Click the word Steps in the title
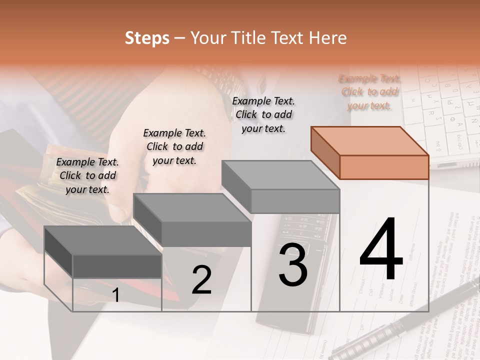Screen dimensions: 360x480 [x=147, y=38]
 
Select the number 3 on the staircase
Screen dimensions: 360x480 [x=293, y=264]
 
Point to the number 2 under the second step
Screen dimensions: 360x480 [x=201, y=280]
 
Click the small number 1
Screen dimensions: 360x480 [x=115, y=295]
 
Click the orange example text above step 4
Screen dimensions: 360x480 [x=369, y=92]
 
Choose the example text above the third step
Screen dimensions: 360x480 [x=263, y=114]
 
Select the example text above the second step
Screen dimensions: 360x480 [x=174, y=146]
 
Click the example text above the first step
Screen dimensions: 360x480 [x=87, y=175]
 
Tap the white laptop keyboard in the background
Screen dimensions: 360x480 [x=440, y=115]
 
